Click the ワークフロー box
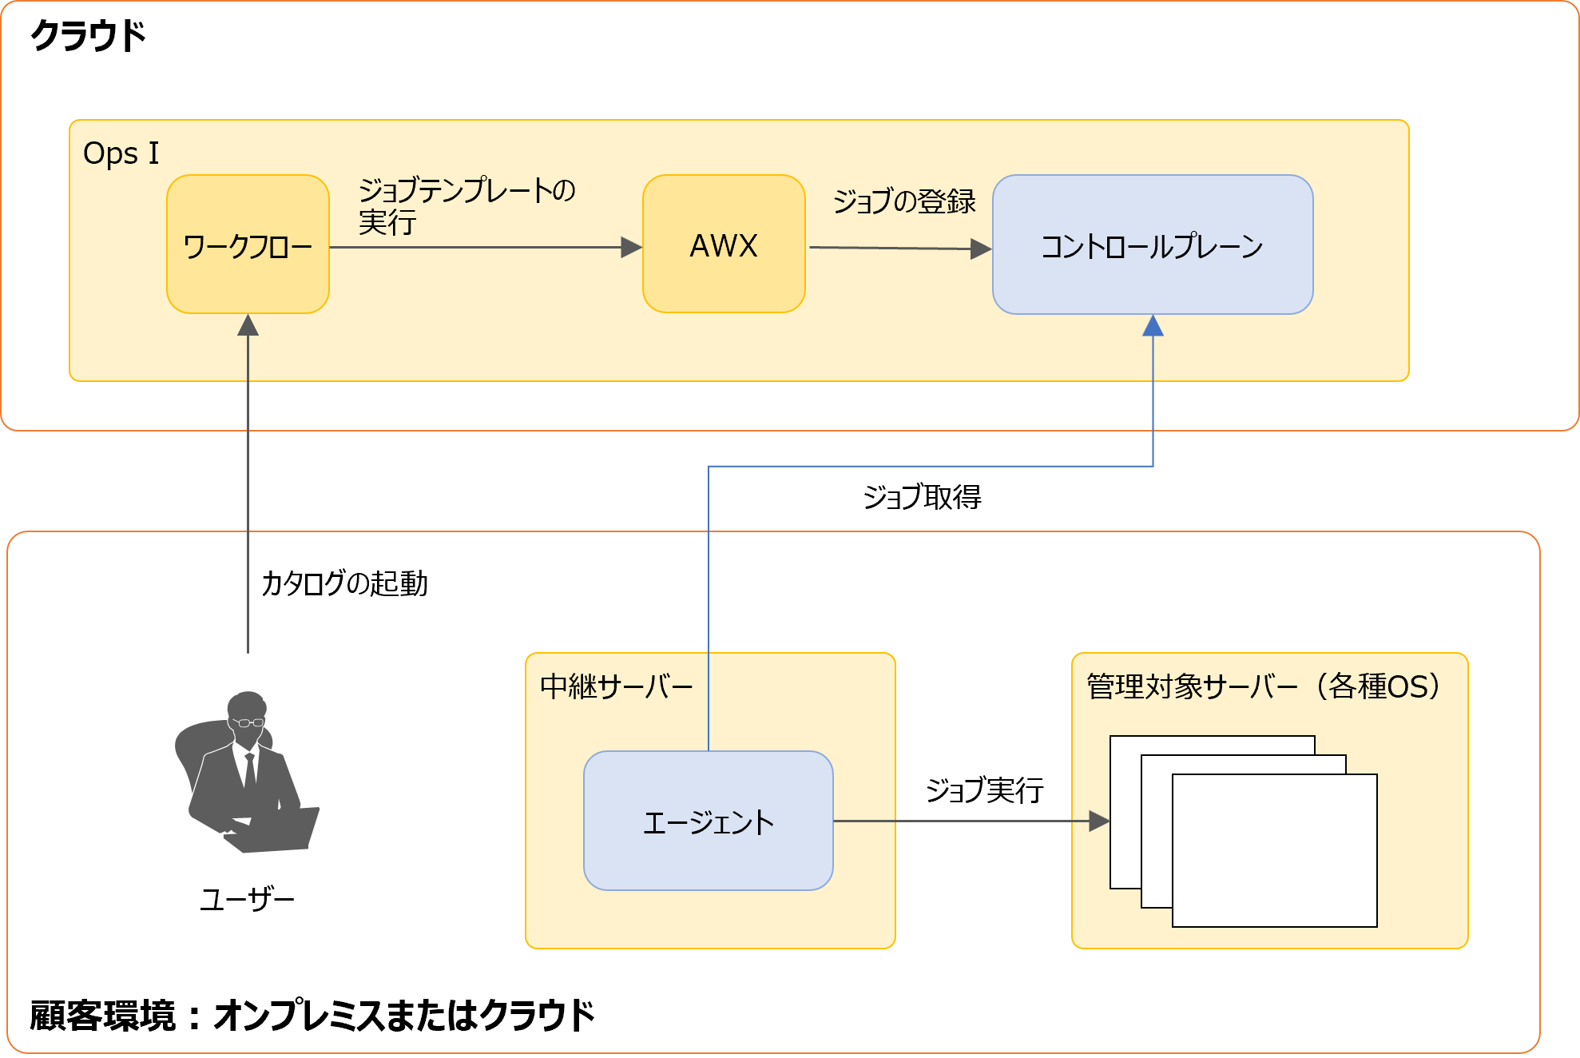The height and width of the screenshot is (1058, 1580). tap(248, 245)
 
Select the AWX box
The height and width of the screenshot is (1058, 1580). tap(724, 245)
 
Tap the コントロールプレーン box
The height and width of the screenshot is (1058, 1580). tap(1152, 245)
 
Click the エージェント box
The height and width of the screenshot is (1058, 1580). tap(708, 821)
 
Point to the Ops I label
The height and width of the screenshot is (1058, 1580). tap(121, 153)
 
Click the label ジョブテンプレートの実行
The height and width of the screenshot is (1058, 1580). tap(466, 205)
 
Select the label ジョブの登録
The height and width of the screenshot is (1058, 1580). tap(903, 201)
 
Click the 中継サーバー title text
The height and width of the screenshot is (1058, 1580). tap(616, 686)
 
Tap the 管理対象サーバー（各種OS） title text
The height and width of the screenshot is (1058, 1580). tap(1262, 686)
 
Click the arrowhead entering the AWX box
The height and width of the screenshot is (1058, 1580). tap(631, 248)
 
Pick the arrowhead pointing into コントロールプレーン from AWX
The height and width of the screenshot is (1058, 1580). tap(980, 249)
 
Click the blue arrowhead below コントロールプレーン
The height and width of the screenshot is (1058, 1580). tap(1153, 326)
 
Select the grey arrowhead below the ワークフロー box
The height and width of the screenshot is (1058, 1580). tap(248, 325)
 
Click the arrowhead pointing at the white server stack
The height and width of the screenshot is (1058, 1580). tap(1099, 821)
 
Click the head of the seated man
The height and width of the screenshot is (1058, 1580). tap(247, 710)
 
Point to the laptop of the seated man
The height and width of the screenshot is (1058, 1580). tap(276, 831)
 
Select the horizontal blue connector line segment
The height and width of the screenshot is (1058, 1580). tap(931, 466)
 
